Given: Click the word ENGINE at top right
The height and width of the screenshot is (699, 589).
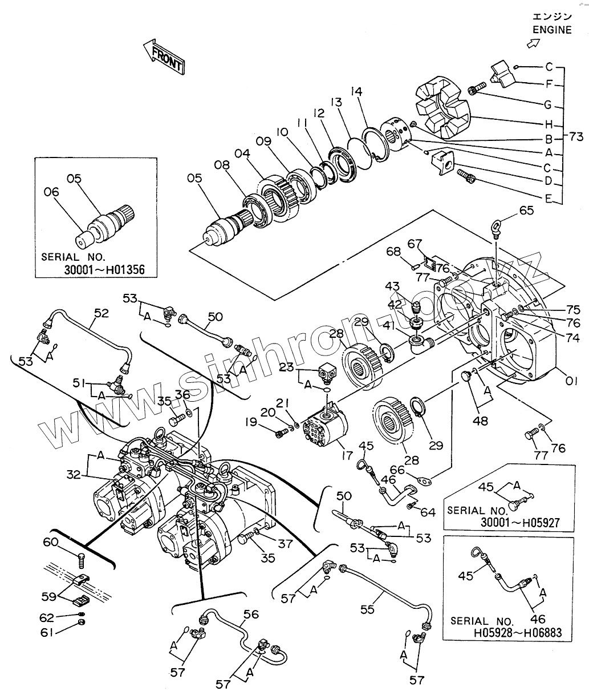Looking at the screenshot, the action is click(552, 30).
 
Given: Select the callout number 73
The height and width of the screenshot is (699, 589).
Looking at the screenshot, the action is click(576, 136).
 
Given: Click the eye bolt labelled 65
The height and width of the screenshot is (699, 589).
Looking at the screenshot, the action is click(496, 228).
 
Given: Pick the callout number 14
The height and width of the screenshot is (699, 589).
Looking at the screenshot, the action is click(357, 91).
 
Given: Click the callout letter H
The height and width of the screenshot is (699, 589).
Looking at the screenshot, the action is click(549, 124).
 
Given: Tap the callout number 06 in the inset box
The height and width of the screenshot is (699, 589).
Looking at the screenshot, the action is click(51, 192).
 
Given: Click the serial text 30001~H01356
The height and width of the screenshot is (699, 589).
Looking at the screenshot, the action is click(104, 269).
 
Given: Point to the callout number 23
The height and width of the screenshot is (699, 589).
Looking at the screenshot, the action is click(287, 367).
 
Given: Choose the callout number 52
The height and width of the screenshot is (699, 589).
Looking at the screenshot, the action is click(101, 313).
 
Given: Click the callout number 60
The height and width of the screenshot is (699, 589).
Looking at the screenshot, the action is click(51, 542).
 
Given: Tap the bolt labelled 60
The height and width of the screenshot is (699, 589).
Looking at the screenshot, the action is click(82, 561).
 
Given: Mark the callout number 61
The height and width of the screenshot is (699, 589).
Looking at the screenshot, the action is click(47, 632).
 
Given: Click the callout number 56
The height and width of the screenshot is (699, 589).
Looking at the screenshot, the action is click(251, 615).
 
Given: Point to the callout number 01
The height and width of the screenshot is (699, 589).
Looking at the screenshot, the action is click(571, 381).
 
